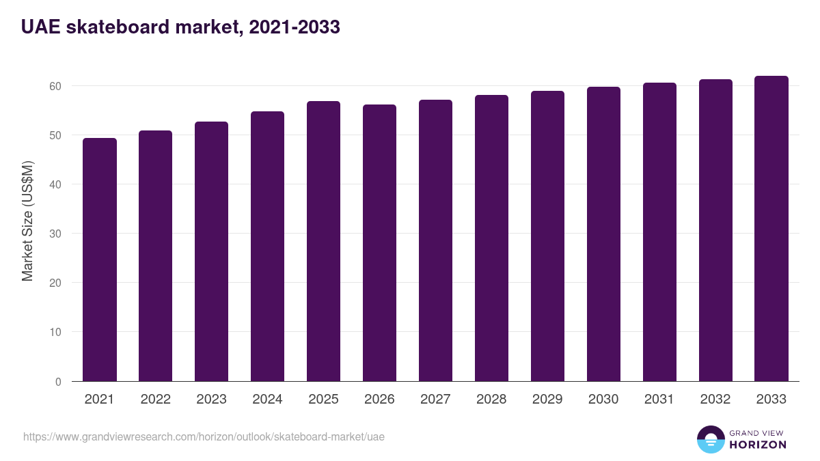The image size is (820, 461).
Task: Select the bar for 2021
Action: pos(100,260)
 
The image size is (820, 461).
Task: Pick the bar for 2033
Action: pos(771,229)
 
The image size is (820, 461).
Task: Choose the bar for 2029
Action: pos(547,236)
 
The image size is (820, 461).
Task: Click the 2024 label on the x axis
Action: pos(267,400)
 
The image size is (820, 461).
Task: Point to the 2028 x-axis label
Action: pos(491,400)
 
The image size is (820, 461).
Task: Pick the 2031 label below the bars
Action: pos(659,400)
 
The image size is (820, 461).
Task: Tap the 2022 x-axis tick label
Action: pos(155,400)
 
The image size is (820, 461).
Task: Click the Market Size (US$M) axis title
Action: pos(27,221)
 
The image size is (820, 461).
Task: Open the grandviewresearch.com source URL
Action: pos(204,436)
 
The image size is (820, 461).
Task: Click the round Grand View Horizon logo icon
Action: pos(710,439)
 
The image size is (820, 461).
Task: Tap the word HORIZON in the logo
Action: pos(758,445)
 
